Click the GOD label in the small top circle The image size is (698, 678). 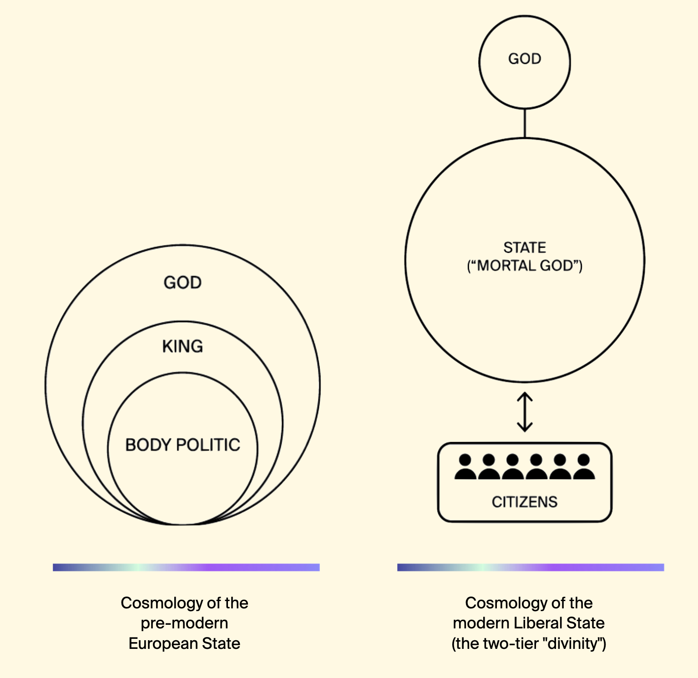pyautogui.click(x=525, y=59)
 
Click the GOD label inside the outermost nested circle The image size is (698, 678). pyautogui.click(x=182, y=283)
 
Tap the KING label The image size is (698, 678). pyautogui.click(x=182, y=346)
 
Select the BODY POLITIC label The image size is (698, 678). pyautogui.click(x=182, y=445)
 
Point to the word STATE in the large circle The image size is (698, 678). pyautogui.click(x=525, y=247)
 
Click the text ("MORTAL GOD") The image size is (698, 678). pyautogui.click(x=525, y=265)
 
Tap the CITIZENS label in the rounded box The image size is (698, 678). pyautogui.click(x=525, y=501)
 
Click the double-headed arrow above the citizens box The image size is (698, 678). pyautogui.click(x=525, y=412)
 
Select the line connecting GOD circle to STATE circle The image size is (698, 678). pyautogui.click(x=525, y=123)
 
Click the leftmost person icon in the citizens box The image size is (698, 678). pyautogui.click(x=465, y=467)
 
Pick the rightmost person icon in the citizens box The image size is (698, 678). pyautogui.click(x=584, y=467)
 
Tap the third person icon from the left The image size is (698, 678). pyautogui.click(x=512, y=467)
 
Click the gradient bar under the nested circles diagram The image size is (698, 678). pyautogui.click(x=186, y=567)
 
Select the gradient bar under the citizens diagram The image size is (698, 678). pyautogui.click(x=531, y=567)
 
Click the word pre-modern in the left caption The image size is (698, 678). pyautogui.click(x=184, y=623)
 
